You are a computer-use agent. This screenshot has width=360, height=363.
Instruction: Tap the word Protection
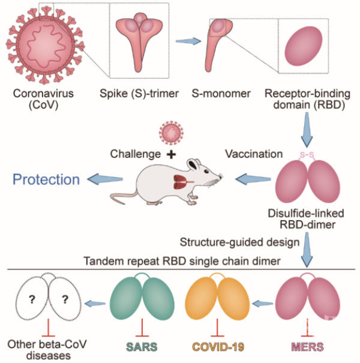coord(47,179)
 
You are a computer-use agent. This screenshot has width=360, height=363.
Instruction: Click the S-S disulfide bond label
coord(307,156)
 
